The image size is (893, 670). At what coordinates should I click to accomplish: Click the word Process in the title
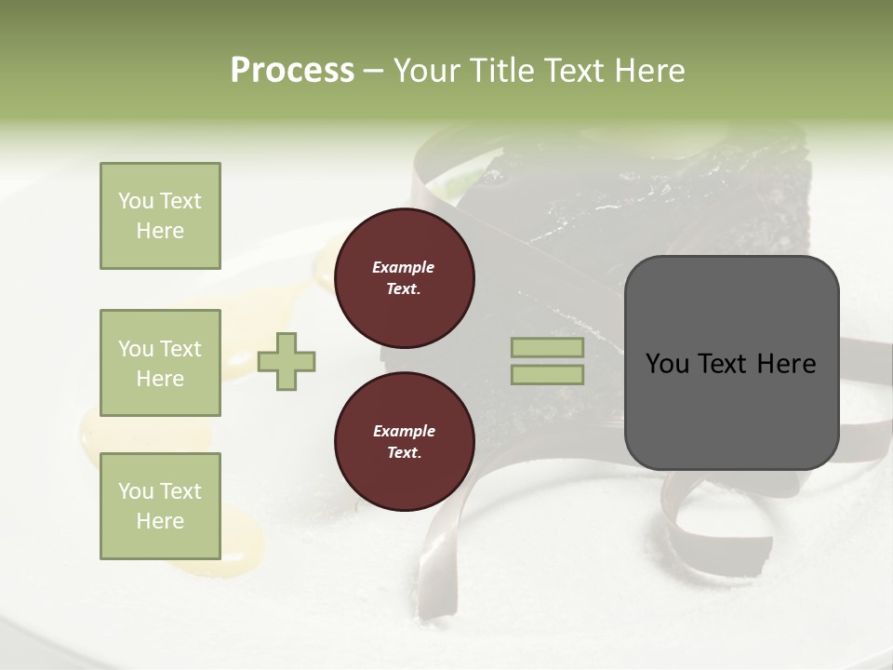[292, 71]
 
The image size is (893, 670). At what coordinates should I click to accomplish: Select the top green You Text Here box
[160, 216]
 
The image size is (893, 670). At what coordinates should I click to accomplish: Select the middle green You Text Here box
[160, 363]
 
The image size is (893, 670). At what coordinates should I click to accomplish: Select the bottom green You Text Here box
[160, 505]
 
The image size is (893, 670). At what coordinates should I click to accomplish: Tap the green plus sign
[287, 361]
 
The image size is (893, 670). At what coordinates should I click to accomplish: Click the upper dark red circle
[404, 278]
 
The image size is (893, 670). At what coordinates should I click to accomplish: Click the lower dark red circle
[404, 442]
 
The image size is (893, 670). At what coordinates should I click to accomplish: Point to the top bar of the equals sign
[547, 348]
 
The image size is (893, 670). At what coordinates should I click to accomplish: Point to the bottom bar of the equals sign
[547, 374]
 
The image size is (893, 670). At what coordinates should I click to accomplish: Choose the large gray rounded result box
[731, 363]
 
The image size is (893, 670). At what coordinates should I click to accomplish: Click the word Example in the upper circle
[404, 267]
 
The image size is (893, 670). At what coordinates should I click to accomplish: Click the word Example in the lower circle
[404, 431]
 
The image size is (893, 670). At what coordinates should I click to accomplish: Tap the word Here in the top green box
[160, 231]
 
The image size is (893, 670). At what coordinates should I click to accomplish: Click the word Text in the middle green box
[180, 349]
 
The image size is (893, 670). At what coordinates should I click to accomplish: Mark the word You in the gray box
[667, 364]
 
